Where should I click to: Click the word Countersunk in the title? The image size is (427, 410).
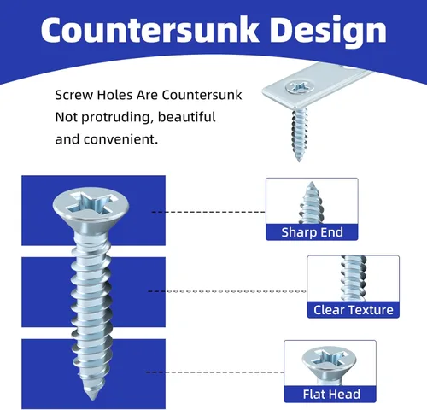coord(150,30)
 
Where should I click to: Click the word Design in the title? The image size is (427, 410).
coord(328,32)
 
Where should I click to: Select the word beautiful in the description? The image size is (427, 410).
coord(186,117)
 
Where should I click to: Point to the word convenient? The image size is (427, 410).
coord(120,139)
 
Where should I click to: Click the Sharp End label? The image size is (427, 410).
coord(312,232)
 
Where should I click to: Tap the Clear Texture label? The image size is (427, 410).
coord(354,310)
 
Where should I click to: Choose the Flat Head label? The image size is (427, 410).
coord(331,395)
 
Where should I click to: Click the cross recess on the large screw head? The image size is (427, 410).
coord(92,202)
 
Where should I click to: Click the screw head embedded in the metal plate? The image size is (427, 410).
coord(300,86)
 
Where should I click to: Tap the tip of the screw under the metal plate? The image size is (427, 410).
coord(299,160)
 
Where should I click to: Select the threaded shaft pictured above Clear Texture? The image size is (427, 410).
coord(354,278)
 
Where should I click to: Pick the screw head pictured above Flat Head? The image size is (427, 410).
coord(329,360)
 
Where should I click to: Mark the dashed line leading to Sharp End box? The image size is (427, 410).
coord(208,212)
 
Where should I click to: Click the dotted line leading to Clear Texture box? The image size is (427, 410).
coord(227,291)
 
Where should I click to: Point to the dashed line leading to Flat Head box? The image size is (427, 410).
coord(215,372)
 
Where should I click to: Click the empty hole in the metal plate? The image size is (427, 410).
coord(348,67)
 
